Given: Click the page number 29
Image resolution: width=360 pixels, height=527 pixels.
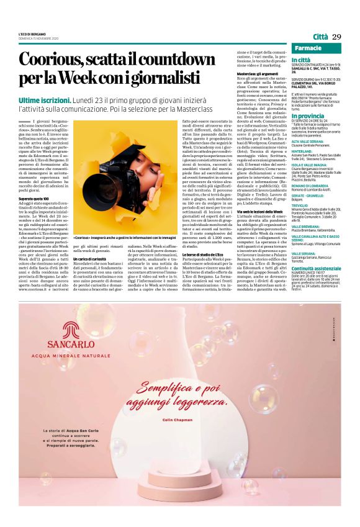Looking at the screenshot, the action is click(336, 37).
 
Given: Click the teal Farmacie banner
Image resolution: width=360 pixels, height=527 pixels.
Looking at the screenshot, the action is click(317, 48).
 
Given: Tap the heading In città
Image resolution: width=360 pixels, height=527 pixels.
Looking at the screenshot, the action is click(301, 59).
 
